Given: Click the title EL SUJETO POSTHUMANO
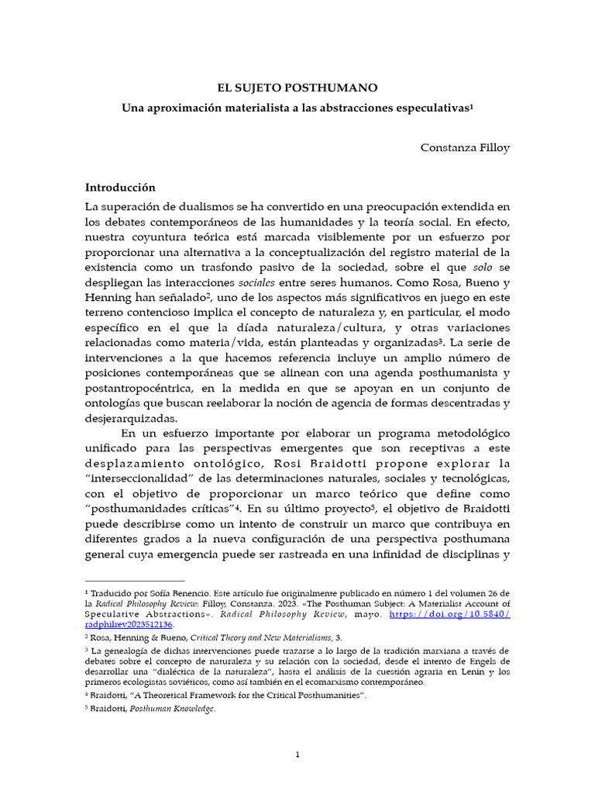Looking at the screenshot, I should [x=297, y=88].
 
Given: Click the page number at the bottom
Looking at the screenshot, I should [x=297, y=755].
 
